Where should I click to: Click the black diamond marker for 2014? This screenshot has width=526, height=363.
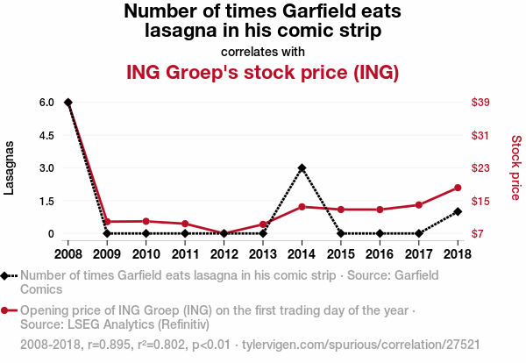click(x=302, y=167)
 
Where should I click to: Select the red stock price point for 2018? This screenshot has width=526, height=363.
click(x=458, y=188)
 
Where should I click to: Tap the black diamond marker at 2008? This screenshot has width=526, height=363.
click(x=68, y=103)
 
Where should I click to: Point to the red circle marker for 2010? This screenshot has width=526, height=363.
click(x=146, y=221)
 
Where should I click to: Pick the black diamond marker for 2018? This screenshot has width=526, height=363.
click(x=458, y=211)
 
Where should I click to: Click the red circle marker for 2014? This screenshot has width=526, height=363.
click(x=302, y=207)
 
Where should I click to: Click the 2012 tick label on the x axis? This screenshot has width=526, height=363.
click(x=224, y=253)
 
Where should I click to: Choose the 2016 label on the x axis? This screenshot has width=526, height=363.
click(x=380, y=253)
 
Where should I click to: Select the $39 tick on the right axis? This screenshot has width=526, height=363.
click(x=480, y=103)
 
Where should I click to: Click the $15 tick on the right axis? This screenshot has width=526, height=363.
click(x=480, y=201)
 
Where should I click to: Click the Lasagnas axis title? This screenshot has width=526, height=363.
click(x=10, y=167)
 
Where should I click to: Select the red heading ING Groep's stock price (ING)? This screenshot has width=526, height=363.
click(x=263, y=72)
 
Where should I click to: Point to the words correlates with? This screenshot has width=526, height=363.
click(x=263, y=50)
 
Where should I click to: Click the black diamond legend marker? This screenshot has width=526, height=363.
click(x=6, y=275)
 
